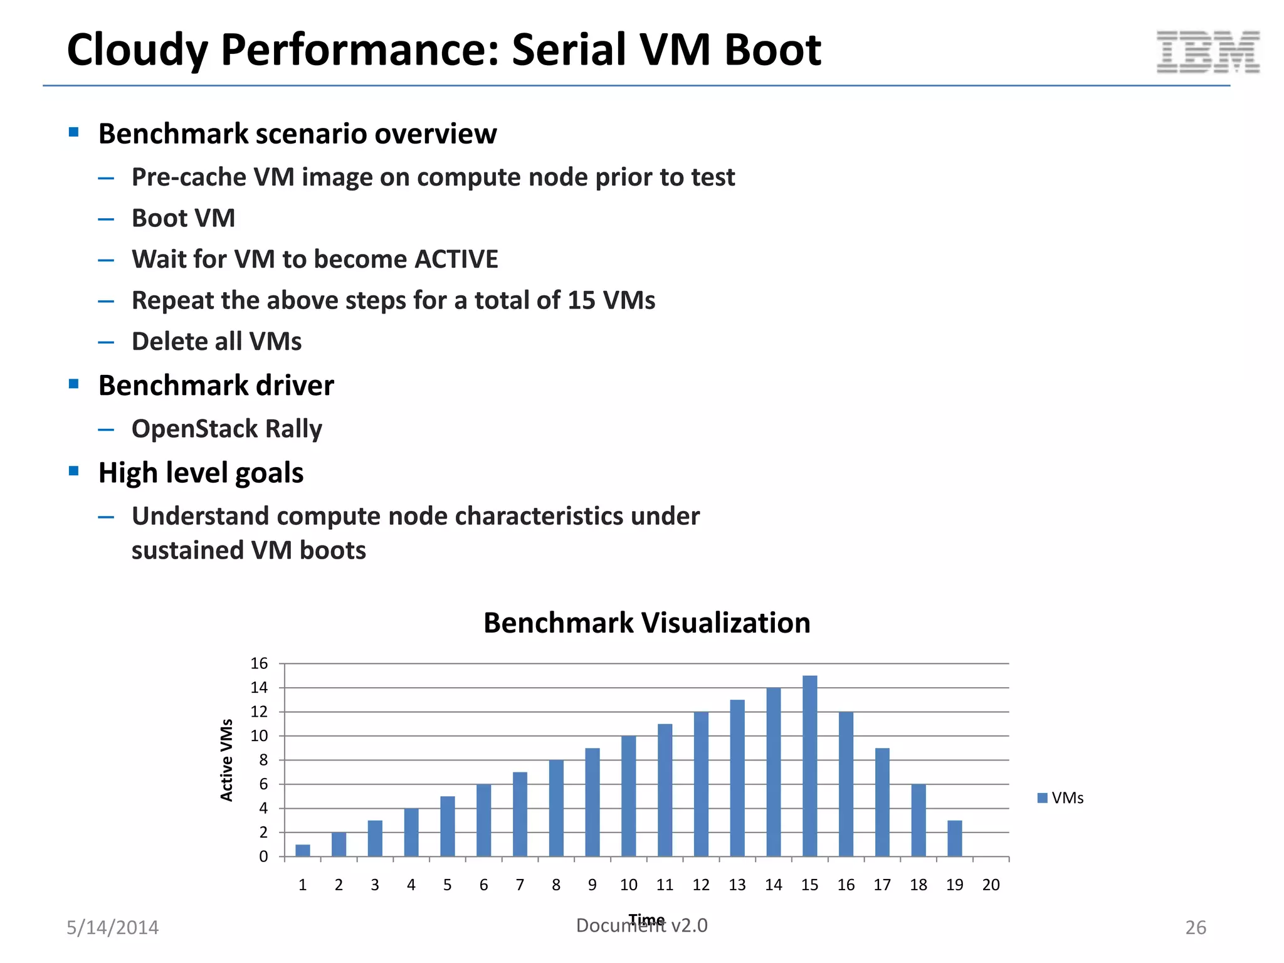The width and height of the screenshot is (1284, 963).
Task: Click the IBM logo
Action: point(1208,52)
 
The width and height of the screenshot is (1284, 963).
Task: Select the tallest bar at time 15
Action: point(809,766)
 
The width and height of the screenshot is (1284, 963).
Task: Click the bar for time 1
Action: point(303,850)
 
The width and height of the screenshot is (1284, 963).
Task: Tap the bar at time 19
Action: point(954,838)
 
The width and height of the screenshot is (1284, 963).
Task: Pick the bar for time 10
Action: point(628,796)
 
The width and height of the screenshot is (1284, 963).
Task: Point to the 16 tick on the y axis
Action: point(259,663)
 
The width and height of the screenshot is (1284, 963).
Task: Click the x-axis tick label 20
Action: point(991,885)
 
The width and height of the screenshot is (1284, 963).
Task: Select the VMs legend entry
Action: point(1060,798)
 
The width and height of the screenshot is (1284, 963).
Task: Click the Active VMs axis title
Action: point(226,760)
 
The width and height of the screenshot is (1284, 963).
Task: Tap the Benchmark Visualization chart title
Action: point(646,623)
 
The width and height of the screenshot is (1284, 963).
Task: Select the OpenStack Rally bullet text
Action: point(226,429)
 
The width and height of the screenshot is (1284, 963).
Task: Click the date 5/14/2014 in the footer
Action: point(113,927)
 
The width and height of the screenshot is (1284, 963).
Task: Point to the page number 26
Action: point(1195,927)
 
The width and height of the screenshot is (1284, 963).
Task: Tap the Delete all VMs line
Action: point(216,342)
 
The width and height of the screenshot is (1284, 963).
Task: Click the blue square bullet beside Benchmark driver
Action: point(74,384)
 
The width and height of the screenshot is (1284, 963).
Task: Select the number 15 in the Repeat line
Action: point(581,300)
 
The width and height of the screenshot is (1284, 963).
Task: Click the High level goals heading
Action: point(201,473)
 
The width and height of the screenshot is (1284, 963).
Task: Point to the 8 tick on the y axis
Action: point(263,760)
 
